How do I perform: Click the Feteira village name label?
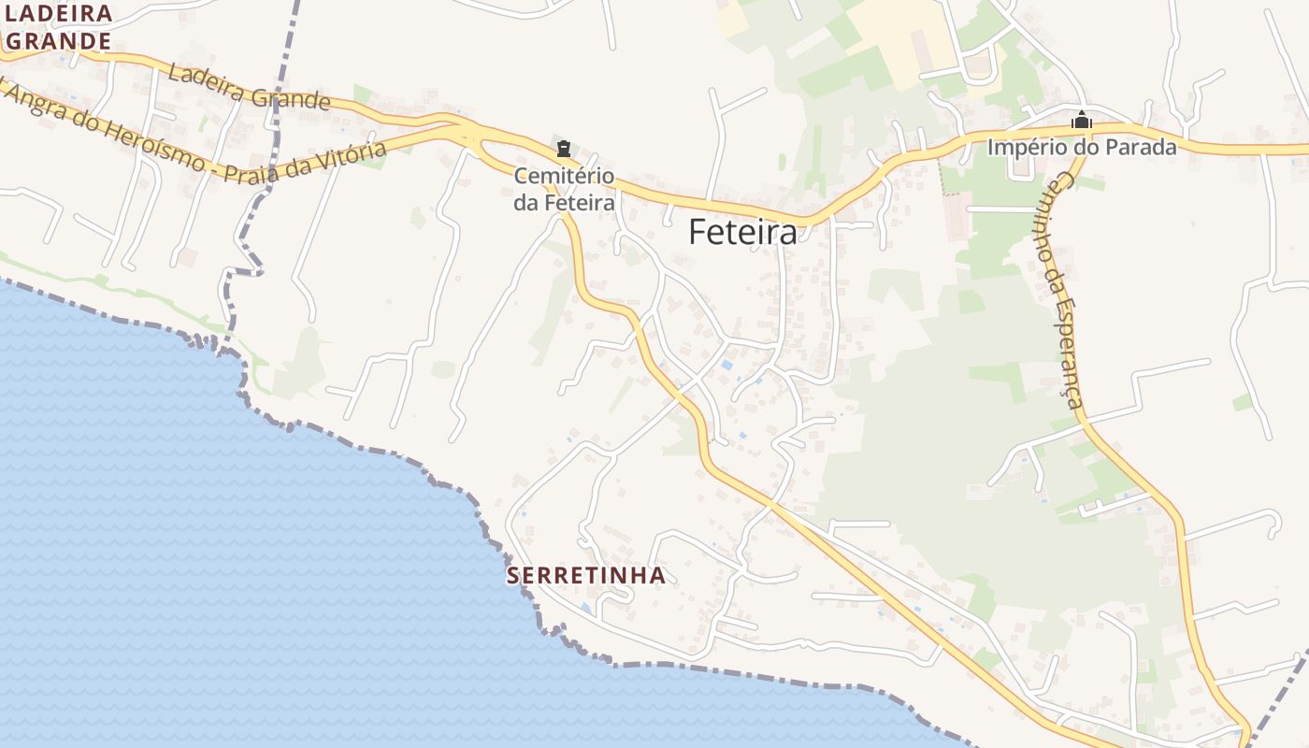click(x=743, y=232)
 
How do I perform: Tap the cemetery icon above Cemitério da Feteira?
click(x=563, y=149)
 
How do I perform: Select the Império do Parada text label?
click(x=1082, y=147)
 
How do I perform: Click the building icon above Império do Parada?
click(x=1082, y=120)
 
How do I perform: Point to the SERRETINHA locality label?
click(x=586, y=575)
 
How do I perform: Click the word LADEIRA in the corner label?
click(x=59, y=14)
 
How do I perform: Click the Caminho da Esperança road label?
click(x=1061, y=290)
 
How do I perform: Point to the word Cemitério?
click(x=564, y=176)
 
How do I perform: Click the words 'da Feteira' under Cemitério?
click(x=564, y=202)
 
